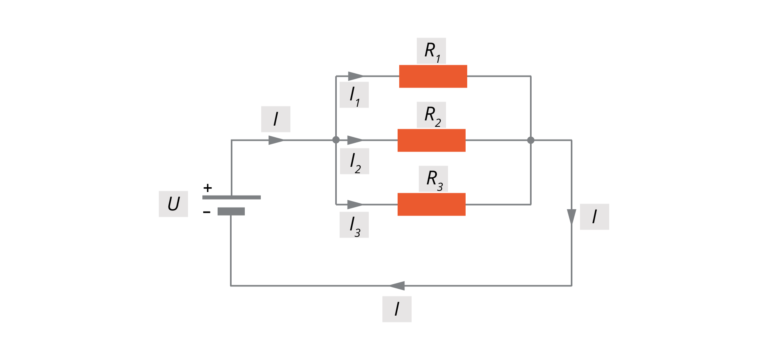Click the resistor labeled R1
coord(433,76)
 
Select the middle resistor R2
coord(431,140)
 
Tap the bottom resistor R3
coord(431,204)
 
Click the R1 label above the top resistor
coord(431,51)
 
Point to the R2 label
coord(431,115)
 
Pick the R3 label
coord(433,179)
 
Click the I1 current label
coord(354,95)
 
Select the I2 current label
coord(354,161)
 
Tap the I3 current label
coord(354,225)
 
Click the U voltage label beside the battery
coord(173,204)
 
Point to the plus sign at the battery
coord(207,188)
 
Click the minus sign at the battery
coord(206,212)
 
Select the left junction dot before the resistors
coord(336,140)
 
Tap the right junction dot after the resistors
coord(531,140)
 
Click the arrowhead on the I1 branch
coord(355,76)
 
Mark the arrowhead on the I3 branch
coord(355,204)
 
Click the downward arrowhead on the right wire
coord(572,217)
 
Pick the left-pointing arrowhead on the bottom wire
coord(397,286)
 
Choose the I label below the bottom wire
coord(397,309)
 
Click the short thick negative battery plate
coord(231,212)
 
